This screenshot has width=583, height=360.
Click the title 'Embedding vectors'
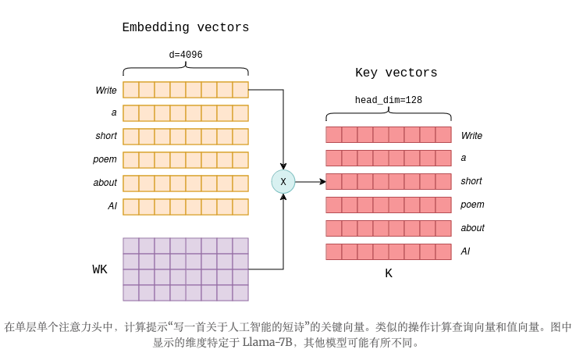point(186,28)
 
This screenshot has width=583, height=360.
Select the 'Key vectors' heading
point(396,73)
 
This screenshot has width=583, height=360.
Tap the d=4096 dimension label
point(186,55)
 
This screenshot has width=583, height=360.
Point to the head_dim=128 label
point(388,101)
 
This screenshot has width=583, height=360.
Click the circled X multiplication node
point(283,182)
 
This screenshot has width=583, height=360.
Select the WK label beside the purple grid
point(100,270)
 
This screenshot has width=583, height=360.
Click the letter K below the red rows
point(389,274)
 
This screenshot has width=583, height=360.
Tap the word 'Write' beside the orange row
point(106,91)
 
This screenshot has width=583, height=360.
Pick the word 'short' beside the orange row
point(106,136)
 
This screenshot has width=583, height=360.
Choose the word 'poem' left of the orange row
point(105,159)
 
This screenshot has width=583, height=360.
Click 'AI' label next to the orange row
point(112,206)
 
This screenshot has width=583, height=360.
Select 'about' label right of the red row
point(472,228)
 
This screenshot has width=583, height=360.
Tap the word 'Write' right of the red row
point(471,136)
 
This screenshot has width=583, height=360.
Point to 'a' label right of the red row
point(464,158)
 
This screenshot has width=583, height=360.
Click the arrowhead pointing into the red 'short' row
point(322,182)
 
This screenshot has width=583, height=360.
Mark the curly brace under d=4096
point(186,71)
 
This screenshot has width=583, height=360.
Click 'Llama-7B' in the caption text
point(267,343)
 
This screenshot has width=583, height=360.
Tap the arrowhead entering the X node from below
point(283,197)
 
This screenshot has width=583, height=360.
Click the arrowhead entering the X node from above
point(283,166)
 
